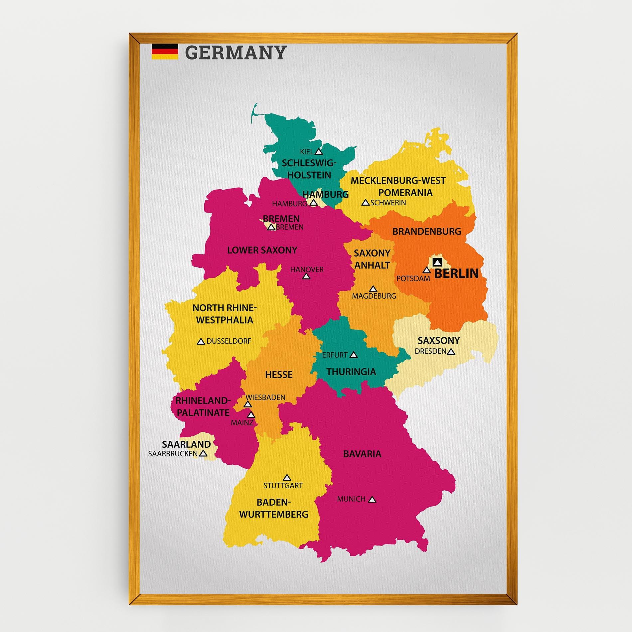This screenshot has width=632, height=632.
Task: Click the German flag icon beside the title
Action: (165, 52)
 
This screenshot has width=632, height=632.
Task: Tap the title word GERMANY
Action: (235, 52)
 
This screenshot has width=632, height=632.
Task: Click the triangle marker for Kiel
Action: (319, 152)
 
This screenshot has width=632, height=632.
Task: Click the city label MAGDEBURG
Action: (374, 296)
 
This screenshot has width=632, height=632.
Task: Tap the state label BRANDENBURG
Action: (427, 231)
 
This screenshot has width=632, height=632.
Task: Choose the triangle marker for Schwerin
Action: (366, 202)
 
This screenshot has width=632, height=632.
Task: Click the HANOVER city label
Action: (307, 269)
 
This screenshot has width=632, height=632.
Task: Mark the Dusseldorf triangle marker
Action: (201, 342)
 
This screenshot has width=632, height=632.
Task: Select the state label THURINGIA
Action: (351, 372)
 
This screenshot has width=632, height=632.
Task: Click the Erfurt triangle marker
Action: (354, 355)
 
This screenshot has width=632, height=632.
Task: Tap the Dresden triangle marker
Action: (451, 352)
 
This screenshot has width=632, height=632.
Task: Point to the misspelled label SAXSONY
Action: (438, 341)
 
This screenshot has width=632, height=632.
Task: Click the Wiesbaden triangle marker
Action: (247, 404)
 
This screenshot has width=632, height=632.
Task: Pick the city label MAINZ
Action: (242, 423)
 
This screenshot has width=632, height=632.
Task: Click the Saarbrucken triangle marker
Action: (203, 453)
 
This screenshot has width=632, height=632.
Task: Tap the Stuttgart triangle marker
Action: (287, 478)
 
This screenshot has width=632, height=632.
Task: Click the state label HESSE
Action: (279, 375)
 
